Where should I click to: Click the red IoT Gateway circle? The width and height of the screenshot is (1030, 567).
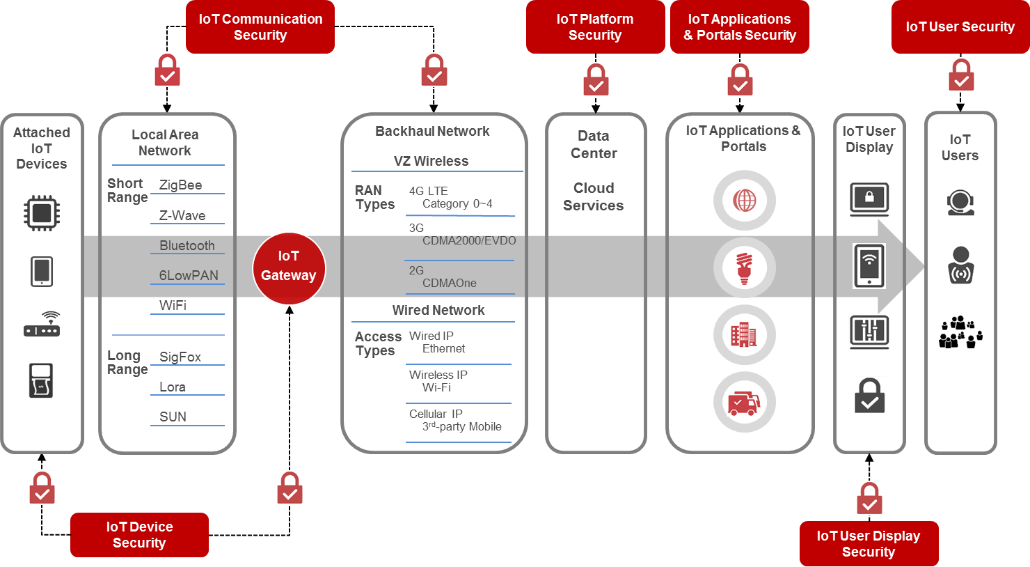coord(289,267)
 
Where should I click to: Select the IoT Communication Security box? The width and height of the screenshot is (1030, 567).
coord(260,27)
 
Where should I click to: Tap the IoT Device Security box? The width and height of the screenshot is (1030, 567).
coord(139,535)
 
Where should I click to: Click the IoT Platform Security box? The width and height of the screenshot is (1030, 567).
coord(595,27)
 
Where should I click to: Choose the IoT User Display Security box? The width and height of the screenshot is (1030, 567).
coord(869,544)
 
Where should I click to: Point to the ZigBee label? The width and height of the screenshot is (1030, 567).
coord(181,185)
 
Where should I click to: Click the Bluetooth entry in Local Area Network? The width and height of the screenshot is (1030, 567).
coord(187,246)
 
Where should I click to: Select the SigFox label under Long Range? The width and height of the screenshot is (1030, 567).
coord(180,357)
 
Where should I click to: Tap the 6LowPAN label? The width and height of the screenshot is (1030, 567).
coord(189,276)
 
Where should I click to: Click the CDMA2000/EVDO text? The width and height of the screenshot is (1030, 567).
coord(469,241)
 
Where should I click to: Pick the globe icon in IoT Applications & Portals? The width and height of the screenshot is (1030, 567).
coord(744,201)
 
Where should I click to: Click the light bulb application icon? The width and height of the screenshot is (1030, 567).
coord(744,267)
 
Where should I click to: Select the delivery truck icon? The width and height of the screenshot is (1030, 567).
coord(744,403)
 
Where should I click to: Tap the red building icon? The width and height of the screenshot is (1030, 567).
coord(744,335)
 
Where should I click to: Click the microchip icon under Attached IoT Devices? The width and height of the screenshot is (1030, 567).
coord(42,212)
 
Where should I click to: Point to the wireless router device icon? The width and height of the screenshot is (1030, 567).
coord(42,324)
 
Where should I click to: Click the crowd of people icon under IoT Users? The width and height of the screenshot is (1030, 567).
coord(960,332)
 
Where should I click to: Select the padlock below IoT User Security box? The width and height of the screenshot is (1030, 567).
coord(961,75)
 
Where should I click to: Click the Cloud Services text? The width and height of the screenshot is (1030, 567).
coord(594,196)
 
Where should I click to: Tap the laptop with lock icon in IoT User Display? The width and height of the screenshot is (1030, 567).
coord(869,199)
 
